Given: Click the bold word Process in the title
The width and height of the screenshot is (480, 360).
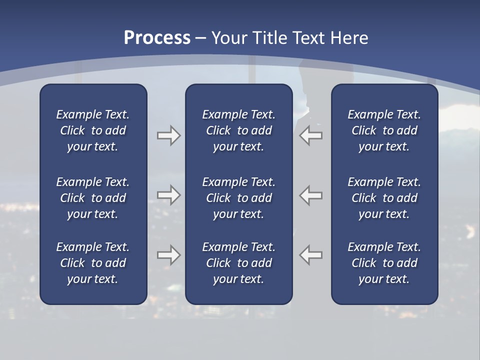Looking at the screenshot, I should (x=157, y=38).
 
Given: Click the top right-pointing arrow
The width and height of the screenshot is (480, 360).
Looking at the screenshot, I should (x=168, y=135).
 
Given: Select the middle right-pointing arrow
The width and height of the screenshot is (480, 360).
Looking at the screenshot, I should (x=168, y=195).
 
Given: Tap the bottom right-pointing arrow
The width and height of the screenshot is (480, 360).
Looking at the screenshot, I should (x=168, y=255).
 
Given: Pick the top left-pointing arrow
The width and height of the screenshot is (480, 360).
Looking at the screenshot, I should (x=311, y=135).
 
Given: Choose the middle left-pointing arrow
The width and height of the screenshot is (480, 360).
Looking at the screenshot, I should (x=311, y=195).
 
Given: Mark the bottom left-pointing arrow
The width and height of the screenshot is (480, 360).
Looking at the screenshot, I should (x=311, y=255).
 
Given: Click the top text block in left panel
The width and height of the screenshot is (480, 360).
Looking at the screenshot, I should (x=93, y=130).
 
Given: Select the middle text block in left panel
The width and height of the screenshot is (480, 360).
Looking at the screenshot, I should (x=93, y=198).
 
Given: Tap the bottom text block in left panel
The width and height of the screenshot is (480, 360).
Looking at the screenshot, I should (x=93, y=263).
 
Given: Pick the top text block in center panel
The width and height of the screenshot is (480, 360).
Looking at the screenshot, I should (x=238, y=130).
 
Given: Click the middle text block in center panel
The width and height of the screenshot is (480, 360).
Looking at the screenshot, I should (x=238, y=198).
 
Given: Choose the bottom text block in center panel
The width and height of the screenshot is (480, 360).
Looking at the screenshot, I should (x=238, y=263).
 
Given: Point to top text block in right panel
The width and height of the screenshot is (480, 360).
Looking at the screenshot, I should (x=384, y=130).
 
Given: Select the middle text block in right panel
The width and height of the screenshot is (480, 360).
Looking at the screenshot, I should (x=384, y=198).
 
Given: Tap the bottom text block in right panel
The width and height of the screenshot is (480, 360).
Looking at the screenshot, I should (x=384, y=263).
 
